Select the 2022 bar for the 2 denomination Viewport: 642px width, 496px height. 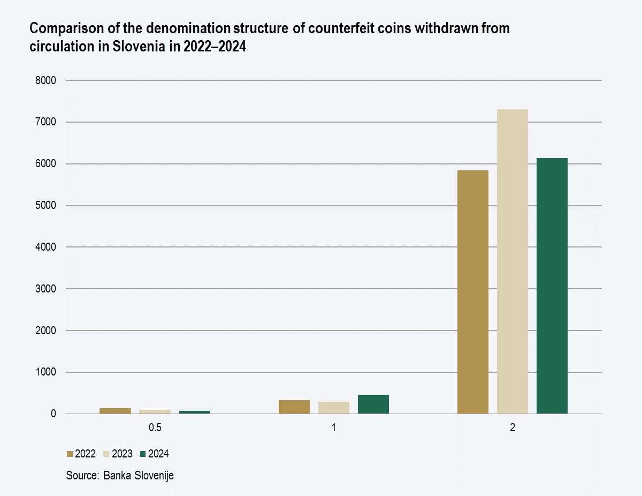[x=473, y=292]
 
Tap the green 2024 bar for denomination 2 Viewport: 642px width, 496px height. [x=552, y=286]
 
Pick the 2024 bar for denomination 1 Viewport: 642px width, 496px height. [x=373, y=404]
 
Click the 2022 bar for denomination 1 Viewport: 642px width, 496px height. [x=294, y=407]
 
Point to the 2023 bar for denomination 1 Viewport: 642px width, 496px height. [x=334, y=408]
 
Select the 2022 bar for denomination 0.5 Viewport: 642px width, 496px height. [x=116, y=411]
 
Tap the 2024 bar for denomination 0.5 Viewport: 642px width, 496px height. [x=195, y=412]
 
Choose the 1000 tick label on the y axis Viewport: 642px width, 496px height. [x=47, y=372]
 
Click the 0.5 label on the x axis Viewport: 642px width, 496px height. [x=155, y=429]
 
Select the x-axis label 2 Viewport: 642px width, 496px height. [x=513, y=429]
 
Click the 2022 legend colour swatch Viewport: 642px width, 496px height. [x=70, y=454]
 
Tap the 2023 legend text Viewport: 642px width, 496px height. [x=122, y=454]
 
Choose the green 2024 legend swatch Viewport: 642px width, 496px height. [x=143, y=454]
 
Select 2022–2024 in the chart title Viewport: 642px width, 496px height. [x=215, y=46]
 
